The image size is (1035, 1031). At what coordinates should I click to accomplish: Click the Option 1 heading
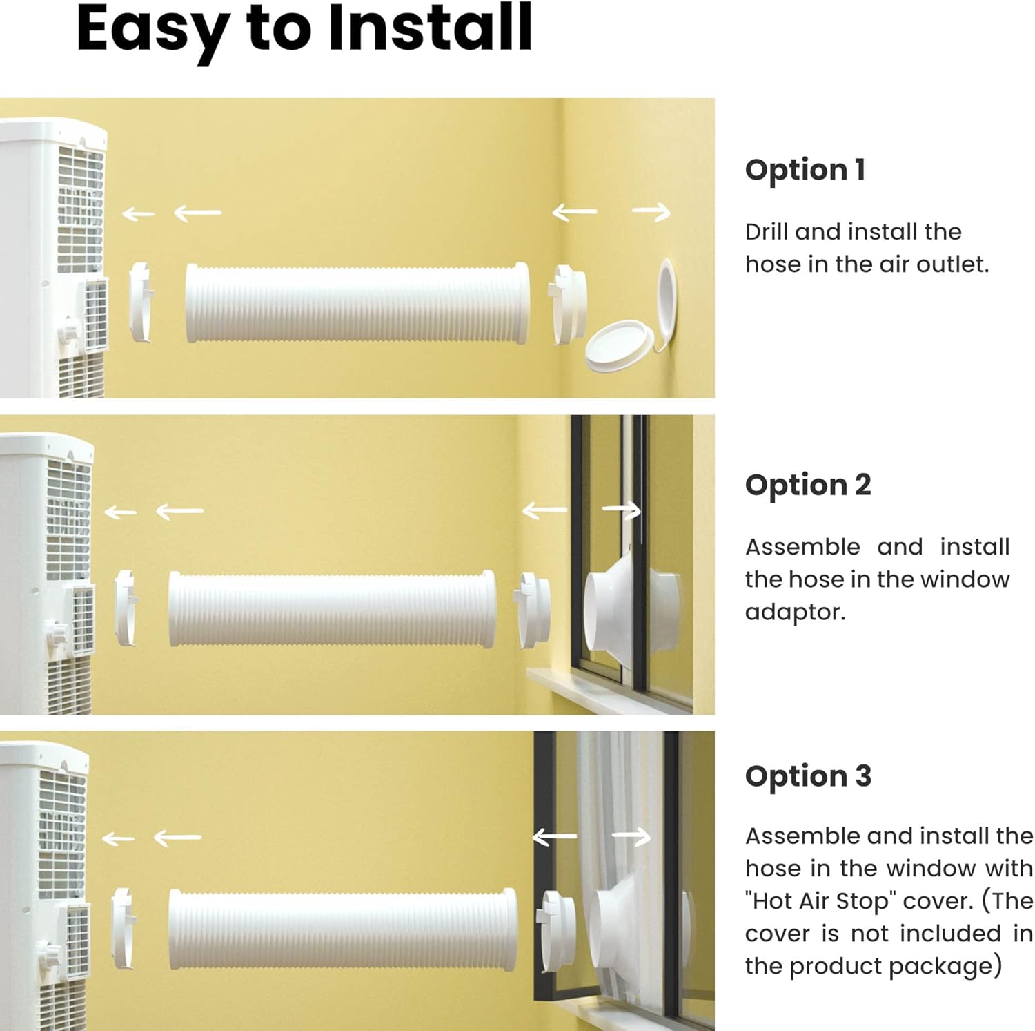(x=805, y=170)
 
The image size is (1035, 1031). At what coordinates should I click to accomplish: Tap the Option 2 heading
(x=808, y=485)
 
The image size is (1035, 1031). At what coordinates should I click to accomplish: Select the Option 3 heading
(x=808, y=776)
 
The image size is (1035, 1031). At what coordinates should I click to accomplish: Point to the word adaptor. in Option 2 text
(x=795, y=613)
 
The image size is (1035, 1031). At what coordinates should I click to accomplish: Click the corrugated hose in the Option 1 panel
(x=357, y=302)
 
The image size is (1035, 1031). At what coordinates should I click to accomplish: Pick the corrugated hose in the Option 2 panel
(x=332, y=608)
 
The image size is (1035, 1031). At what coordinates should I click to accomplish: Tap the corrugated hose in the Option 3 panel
(x=342, y=929)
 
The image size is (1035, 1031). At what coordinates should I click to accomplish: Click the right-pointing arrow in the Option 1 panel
(x=651, y=212)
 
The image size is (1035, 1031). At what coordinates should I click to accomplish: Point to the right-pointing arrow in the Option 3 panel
(x=631, y=838)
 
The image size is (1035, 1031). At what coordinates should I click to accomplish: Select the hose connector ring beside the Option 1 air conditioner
(x=141, y=301)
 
